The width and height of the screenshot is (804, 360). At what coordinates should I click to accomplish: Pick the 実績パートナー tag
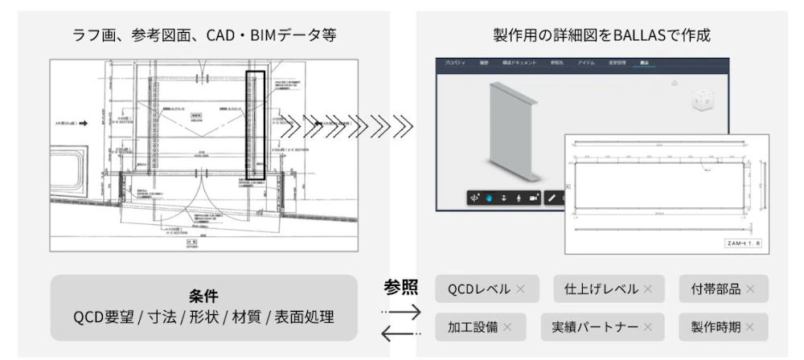(x=602, y=327)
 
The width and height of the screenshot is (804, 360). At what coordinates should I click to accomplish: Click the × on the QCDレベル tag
(x=520, y=289)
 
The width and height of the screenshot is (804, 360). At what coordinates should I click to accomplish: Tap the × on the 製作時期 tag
(x=750, y=327)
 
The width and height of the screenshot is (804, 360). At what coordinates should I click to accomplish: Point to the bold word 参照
(x=400, y=288)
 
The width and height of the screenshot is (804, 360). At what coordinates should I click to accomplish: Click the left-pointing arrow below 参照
(x=400, y=333)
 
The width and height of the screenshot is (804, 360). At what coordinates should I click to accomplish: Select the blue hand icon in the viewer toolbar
(x=488, y=198)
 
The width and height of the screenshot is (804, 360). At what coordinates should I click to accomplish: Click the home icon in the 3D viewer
(x=674, y=83)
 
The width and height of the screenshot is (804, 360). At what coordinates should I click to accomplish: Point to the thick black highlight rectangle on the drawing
(x=255, y=125)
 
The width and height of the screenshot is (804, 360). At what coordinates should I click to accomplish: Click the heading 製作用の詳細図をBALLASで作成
(x=601, y=35)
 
